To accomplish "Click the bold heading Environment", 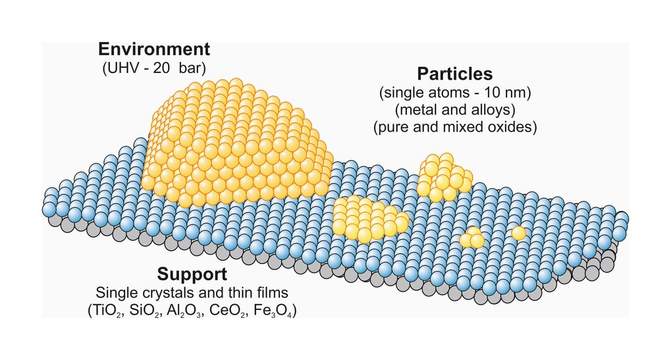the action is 154,49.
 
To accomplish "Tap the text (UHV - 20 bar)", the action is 154,68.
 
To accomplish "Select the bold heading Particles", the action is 455,74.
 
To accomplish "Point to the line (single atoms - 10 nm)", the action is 455,92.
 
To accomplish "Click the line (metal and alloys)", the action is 455,110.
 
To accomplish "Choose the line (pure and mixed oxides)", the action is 455,128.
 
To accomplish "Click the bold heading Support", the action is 192,274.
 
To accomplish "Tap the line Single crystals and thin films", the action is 192,292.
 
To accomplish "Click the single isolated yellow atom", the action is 519,233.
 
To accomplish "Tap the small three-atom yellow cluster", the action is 472,238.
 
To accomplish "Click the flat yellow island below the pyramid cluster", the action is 369,219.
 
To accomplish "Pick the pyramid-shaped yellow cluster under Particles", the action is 444,178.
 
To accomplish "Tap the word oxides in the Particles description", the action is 513,128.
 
